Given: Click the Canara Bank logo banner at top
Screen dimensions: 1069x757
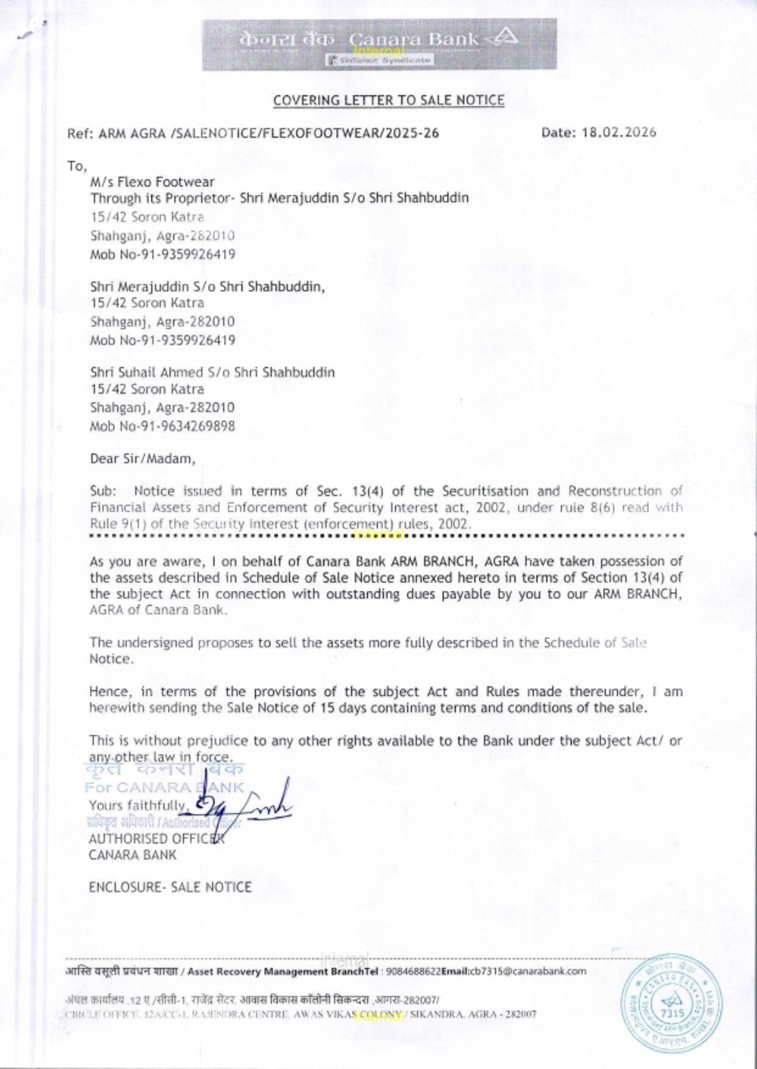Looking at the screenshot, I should [379, 44].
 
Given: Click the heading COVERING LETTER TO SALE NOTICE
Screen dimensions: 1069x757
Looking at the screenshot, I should [388, 100].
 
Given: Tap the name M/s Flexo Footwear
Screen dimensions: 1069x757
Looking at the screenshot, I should [152, 182].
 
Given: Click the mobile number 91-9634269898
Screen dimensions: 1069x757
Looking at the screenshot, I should [188, 426].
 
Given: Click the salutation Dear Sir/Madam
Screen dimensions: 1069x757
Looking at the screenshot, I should [142, 459].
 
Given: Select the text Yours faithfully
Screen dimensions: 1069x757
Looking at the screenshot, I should [137, 806].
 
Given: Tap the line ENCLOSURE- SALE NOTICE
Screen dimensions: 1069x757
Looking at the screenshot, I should [170, 887].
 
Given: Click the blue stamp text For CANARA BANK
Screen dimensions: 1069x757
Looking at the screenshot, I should [164, 787].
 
